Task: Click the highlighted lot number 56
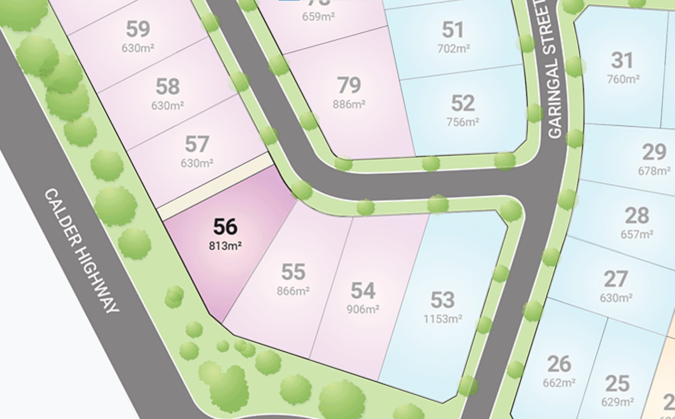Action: pyautogui.click(x=225, y=227)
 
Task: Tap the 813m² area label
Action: pyautogui.click(x=225, y=246)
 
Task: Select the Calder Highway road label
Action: pyautogui.click(x=81, y=250)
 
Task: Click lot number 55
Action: pyautogui.click(x=293, y=272)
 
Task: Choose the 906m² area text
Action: pyautogui.click(x=363, y=309)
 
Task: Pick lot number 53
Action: pyautogui.click(x=442, y=300)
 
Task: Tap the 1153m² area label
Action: pyautogui.click(x=442, y=319)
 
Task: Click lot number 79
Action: pyautogui.click(x=349, y=85)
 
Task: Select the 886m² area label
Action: pyautogui.click(x=349, y=105)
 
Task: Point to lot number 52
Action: pyautogui.click(x=462, y=103)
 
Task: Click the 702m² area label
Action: pyautogui.click(x=453, y=48)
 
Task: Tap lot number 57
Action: pyautogui.click(x=197, y=144)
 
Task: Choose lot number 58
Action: pyautogui.click(x=168, y=87)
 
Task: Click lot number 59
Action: pyautogui.click(x=138, y=29)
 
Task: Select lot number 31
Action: pyautogui.click(x=622, y=60)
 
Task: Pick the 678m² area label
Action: pyautogui.click(x=654, y=171)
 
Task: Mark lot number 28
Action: pyautogui.click(x=637, y=215)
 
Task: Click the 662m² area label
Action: pyautogui.click(x=559, y=383)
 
